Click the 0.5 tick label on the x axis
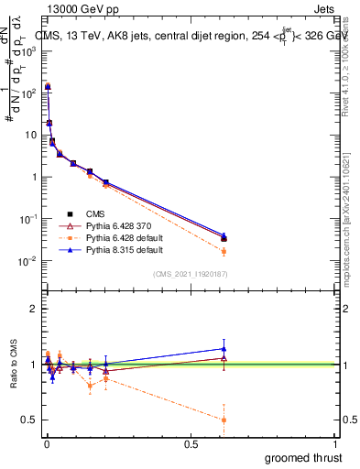point(191,444)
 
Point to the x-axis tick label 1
point(336,444)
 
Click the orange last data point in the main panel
point(224,251)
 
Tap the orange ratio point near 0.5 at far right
point(224,420)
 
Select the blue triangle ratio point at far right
point(224,348)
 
